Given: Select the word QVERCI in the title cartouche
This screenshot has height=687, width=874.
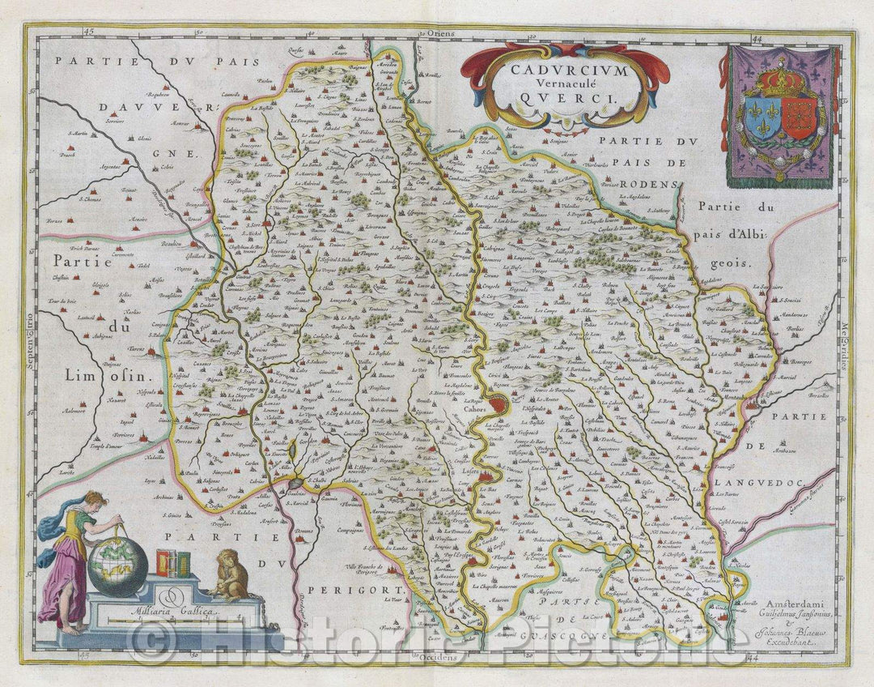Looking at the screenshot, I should pyautogui.click(x=566, y=95).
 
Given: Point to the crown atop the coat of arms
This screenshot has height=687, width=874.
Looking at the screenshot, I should pyautogui.click(x=782, y=79).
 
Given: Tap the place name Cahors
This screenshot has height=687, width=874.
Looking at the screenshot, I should pyautogui.click(x=476, y=409).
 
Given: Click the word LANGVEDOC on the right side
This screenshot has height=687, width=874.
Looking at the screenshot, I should pyautogui.click(x=758, y=483).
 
